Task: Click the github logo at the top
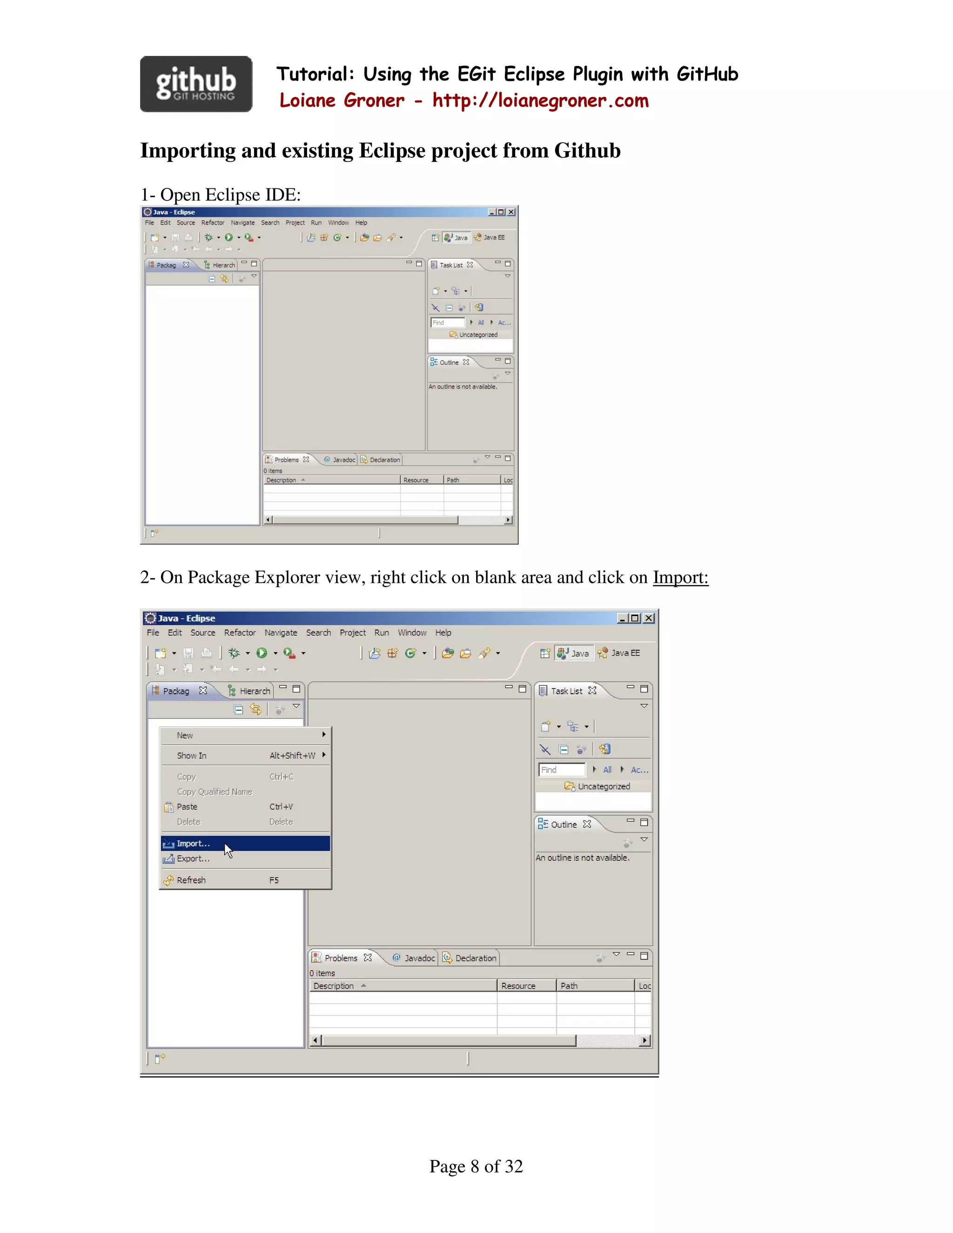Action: (x=196, y=84)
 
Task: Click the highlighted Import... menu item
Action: (x=193, y=844)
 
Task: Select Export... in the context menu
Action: (x=193, y=859)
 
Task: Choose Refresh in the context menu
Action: (x=191, y=880)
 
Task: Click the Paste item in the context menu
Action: (x=187, y=807)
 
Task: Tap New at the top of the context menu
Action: (x=185, y=736)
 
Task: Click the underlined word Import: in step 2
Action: (x=680, y=577)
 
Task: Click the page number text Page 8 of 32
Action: (x=476, y=1166)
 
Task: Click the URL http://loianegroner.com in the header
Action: (x=540, y=101)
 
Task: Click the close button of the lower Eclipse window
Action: (x=649, y=618)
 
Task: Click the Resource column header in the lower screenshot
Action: (x=518, y=986)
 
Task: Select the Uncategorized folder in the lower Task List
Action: (x=603, y=786)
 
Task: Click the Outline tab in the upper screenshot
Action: (x=449, y=362)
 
